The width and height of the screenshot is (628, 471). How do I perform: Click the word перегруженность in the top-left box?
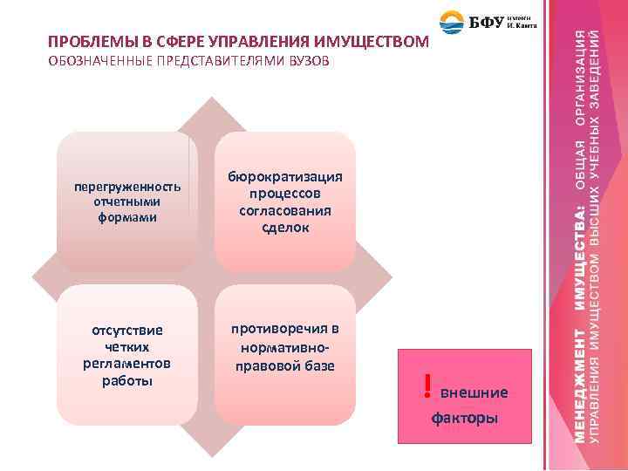[x=127, y=187]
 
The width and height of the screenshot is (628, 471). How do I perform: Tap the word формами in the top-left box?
[x=127, y=216]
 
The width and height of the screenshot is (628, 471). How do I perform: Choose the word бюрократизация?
[x=285, y=177]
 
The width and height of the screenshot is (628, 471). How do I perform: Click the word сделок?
[x=285, y=227]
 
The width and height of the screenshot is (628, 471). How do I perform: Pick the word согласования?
[x=285, y=210]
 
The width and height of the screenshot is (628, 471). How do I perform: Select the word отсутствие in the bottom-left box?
[x=127, y=331]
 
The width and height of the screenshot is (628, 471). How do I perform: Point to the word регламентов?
[x=127, y=364]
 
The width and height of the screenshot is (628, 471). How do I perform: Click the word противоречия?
[x=285, y=329]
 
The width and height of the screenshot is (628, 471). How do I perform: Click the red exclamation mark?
[x=427, y=385]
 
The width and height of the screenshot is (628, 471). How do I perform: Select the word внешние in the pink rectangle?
[x=474, y=393]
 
